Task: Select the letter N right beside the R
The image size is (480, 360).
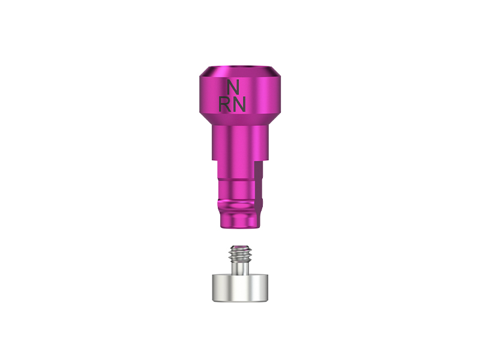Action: tap(239, 104)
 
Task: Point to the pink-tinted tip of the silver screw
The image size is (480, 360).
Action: tap(240, 247)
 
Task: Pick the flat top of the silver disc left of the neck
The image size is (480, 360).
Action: tap(219, 275)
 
